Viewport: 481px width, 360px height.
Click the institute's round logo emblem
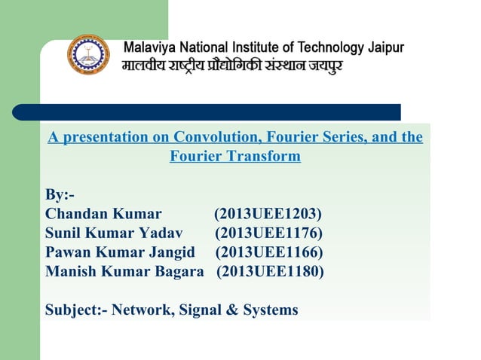(x=88, y=55)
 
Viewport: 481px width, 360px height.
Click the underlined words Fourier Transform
(x=235, y=157)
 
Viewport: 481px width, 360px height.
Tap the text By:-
(x=60, y=195)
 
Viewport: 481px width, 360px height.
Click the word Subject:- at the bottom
(x=76, y=310)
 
